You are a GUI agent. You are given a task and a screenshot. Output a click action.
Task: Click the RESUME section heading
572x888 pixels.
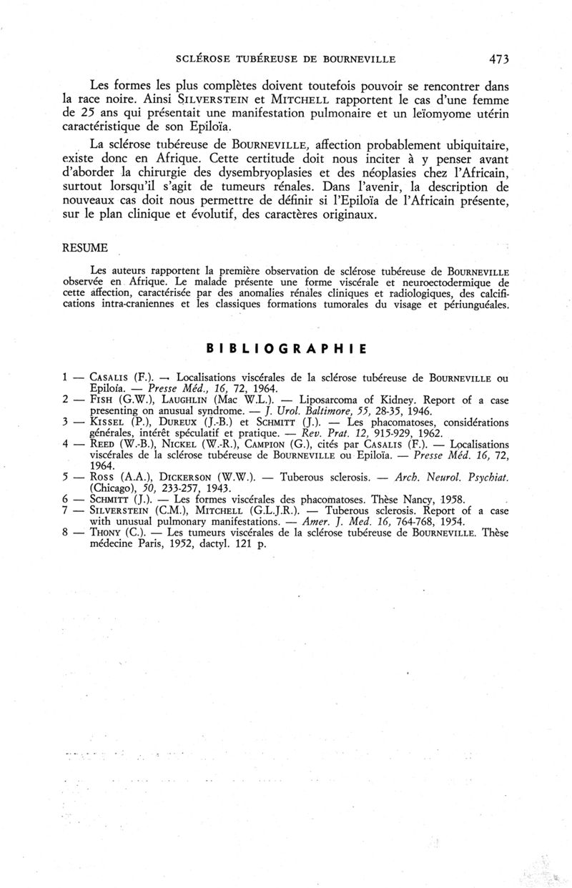85,247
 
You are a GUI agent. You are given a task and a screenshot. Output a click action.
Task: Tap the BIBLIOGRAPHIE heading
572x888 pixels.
286,348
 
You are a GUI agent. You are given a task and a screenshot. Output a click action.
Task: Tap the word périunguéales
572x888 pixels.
473,305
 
